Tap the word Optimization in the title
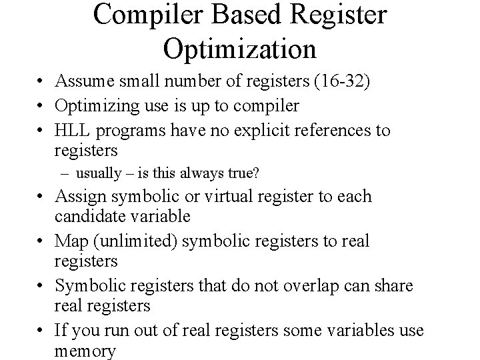[239, 48]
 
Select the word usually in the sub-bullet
[98, 175]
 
